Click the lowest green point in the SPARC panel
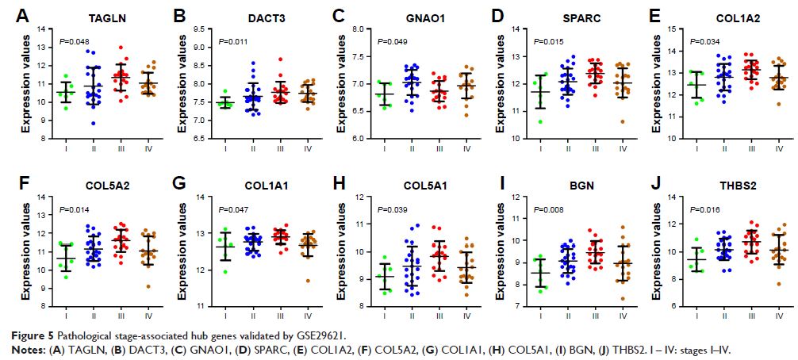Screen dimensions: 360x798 (x=541, y=121)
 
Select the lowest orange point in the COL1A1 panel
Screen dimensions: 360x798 (x=298, y=281)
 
